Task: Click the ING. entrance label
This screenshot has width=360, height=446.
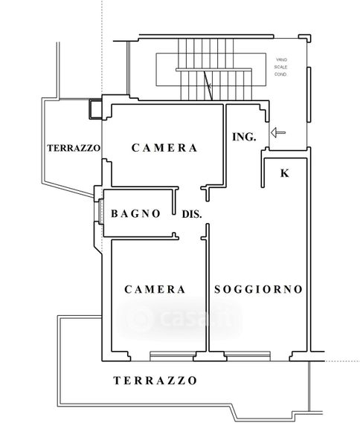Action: (x=244, y=137)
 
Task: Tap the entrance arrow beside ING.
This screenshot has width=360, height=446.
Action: (x=278, y=132)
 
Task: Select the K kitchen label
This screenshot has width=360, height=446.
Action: (x=285, y=173)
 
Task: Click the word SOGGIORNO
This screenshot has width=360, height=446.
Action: (x=258, y=289)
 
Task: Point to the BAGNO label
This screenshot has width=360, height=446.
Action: (x=135, y=213)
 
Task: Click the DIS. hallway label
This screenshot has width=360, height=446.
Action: (x=192, y=214)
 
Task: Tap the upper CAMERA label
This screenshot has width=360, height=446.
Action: (x=164, y=148)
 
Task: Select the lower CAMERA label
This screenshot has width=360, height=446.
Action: (x=155, y=289)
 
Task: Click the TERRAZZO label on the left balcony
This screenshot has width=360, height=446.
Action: (x=74, y=148)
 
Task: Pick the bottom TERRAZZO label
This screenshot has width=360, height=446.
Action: (x=155, y=381)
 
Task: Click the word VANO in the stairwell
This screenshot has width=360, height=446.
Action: (x=281, y=59)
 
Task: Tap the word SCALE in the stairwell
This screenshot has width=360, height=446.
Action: (x=280, y=67)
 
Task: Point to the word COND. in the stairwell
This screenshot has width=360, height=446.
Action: (x=280, y=74)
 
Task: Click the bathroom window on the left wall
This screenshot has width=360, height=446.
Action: (x=100, y=211)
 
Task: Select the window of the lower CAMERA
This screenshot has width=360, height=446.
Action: (x=173, y=356)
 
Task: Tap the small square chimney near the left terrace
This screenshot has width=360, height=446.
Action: (x=95, y=109)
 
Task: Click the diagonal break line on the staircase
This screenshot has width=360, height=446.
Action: (x=208, y=85)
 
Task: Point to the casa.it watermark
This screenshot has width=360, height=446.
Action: (x=180, y=318)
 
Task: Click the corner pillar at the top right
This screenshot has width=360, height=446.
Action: (x=305, y=38)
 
